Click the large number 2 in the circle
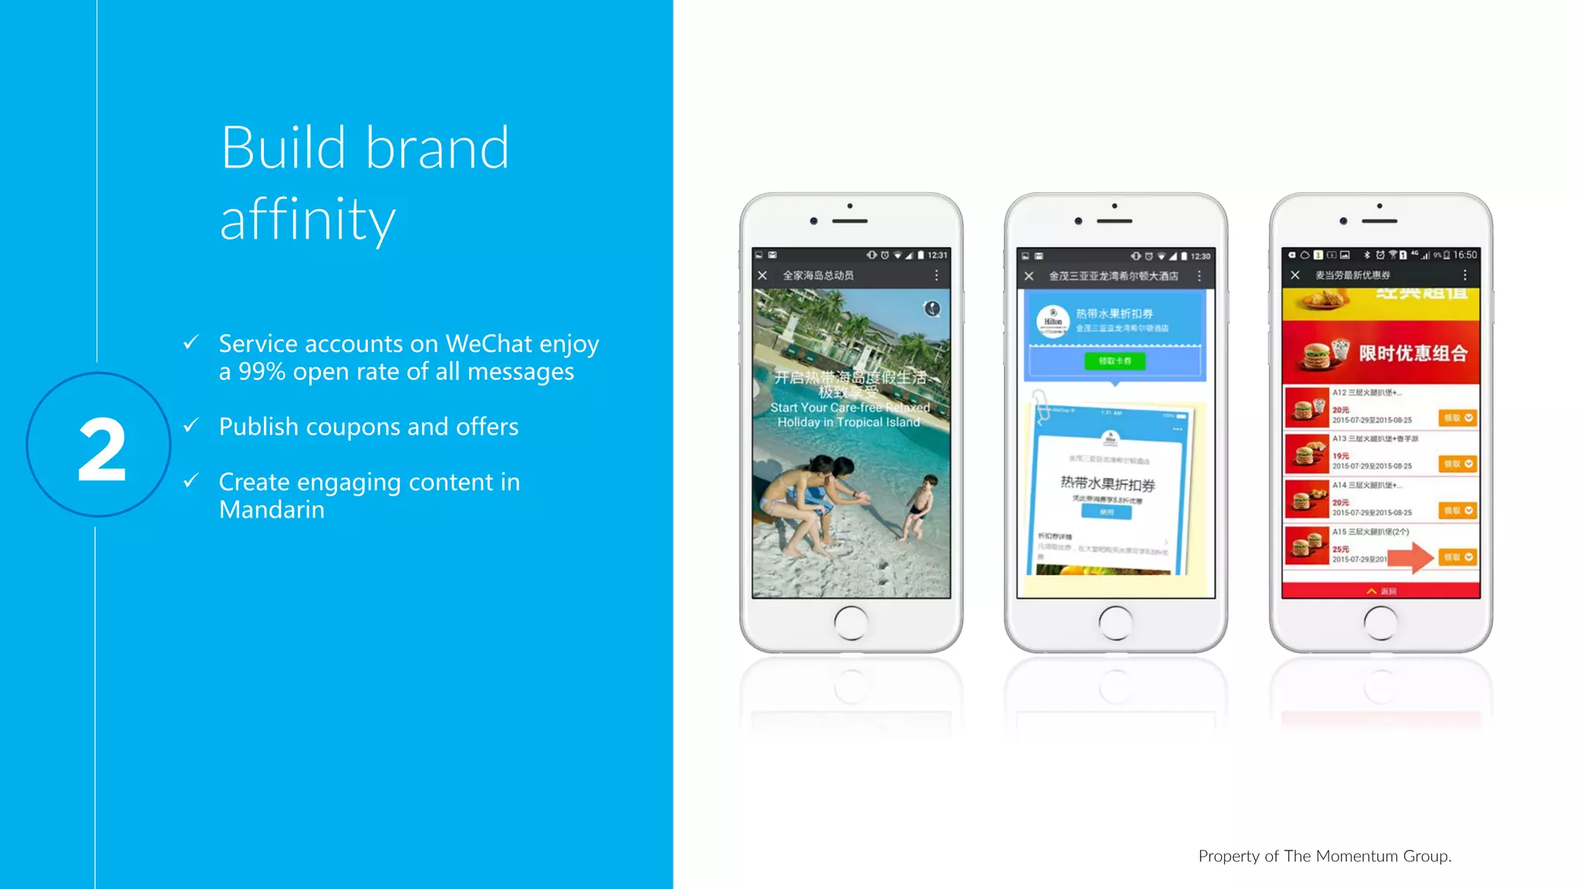(101, 449)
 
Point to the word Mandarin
(272, 510)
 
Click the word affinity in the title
(307, 220)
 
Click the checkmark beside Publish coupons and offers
(191, 425)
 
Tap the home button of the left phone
(851, 622)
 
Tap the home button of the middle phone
(1116, 622)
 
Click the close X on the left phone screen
(762, 275)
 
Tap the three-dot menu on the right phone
(1465, 275)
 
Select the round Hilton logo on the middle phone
(1052, 322)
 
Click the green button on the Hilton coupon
(1115, 361)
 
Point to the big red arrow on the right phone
(1411, 557)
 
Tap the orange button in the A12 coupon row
(1457, 417)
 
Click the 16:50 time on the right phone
(1465, 255)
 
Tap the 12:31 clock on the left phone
(937, 255)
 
